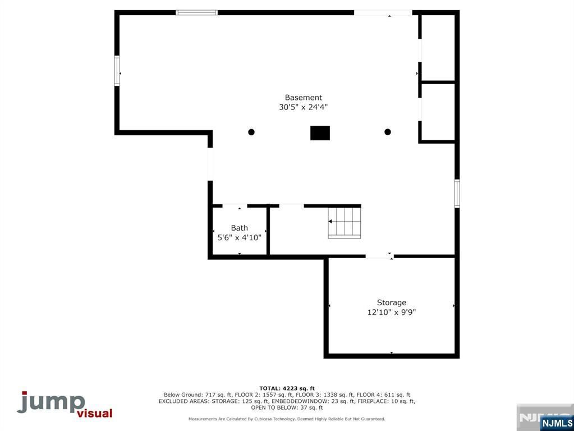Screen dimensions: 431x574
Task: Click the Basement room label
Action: click(x=303, y=98)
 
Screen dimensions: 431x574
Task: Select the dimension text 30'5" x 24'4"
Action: click(x=303, y=107)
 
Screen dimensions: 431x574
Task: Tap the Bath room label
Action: click(x=239, y=228)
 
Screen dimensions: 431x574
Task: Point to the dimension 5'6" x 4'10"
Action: click(x=239, y=237)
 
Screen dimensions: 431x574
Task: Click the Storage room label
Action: click(x=391, y=302)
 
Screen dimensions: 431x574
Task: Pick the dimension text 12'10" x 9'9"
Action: click(x=391, y=312)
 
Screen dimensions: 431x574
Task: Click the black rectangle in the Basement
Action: click(x=320, y=133)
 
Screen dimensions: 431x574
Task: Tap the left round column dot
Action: click(x=251, y=132)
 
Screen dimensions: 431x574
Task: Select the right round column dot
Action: click(x=387, y=132)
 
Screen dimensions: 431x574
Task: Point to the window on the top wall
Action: click(x=196, y=12)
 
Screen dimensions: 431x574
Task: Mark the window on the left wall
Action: click(x=117, y=71)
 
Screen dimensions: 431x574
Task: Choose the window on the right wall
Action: click(x=457, y=193)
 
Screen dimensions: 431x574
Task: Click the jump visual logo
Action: click(x=64, y=405)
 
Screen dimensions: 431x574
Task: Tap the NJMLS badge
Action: click(x=557, y=423)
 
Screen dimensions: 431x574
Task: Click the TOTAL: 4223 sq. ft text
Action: click(x=287, y=388)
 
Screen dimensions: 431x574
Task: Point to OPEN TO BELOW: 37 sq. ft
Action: click(x=287, y=407)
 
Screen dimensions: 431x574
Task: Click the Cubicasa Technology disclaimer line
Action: click(x=287, y=419)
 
